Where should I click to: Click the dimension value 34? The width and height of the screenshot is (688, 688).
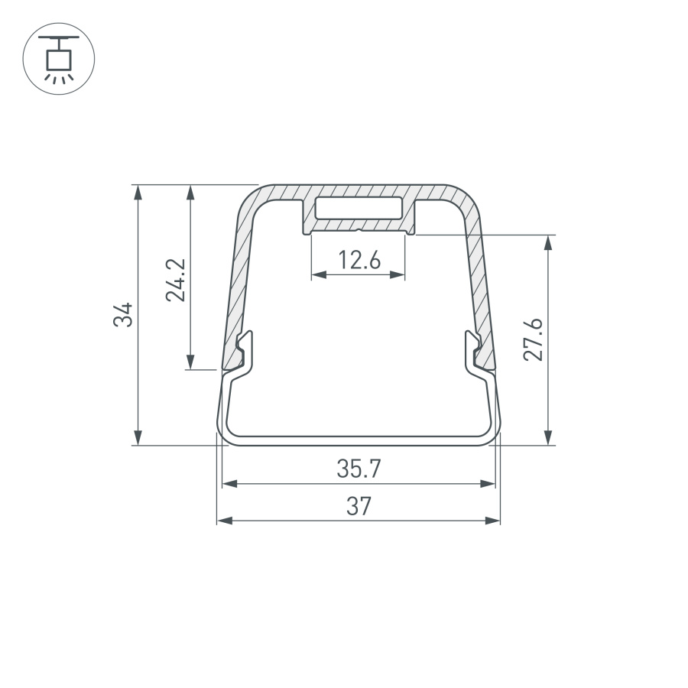[124, 314]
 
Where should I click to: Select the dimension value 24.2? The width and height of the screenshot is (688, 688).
[176, 280]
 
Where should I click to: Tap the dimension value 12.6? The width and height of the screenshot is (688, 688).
[359, 261]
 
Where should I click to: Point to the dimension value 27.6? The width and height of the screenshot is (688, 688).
[534, 340]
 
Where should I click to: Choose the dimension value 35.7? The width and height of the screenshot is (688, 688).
[359, 469]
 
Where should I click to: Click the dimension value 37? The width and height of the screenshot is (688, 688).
[359, 506]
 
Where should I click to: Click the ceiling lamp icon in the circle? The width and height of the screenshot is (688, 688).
[59, 59]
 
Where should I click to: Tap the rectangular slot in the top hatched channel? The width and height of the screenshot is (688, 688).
[359, 209]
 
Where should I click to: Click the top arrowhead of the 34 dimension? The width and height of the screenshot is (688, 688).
[138, 191]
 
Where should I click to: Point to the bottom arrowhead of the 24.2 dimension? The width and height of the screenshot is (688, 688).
[190, 362]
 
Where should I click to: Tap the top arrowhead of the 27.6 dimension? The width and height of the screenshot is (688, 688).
[548, 242]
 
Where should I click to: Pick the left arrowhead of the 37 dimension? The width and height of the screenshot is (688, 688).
[224, 521]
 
